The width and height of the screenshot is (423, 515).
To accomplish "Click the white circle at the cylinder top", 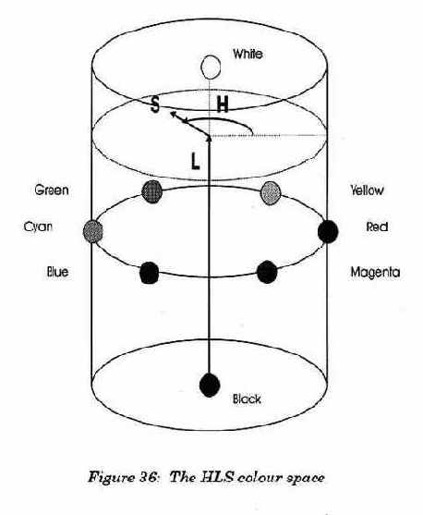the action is pyautogui.click(x=211, y=67).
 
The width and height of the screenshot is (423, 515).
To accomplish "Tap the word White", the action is pyautogui.click(x=248, y=54).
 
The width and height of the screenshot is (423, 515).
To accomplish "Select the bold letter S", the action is pyautogui.click(x=154, y=105).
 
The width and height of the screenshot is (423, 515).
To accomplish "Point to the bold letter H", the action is pyautogui.click(x=223, y=105).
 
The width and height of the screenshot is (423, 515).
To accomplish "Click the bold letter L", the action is pyautogui.click(x=195, y=161).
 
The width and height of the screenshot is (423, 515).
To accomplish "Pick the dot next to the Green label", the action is pyautogui.click(x=152, y=191).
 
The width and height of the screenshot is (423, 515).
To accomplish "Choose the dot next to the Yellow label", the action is pyautogui.click(x=271, y=193).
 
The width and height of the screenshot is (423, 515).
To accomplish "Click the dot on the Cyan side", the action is pyautogui.click(x=93, y=231).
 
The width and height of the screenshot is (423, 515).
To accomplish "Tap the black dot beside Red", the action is pyautogui.click(x=328, y=231).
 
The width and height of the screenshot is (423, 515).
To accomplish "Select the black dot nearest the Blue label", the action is pyautogui.click(x=150, y=273).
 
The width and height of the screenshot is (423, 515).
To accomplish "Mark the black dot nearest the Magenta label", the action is pyautogui.click(x=267, y=272).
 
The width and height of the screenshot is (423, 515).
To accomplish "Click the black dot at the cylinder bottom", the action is pyautogui.click(x=210, y=385).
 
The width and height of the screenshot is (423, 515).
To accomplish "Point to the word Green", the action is pyautogui.click(x=52, y=190).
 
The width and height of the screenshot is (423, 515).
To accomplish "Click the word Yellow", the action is pyautogui.click(x=367, y=190).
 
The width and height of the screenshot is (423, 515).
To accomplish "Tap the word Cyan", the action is pyautogui.click(x=38, y=227).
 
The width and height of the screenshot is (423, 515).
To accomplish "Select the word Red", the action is pyautogui.click(x=377, y=227).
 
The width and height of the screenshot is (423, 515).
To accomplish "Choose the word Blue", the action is pyautogui.click(x=58, y=272).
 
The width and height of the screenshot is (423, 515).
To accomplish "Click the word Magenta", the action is pyautogui.click(x=375, y=272).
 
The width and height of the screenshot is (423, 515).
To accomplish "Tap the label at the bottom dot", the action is pyautogui.click(x=248, y=399).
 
